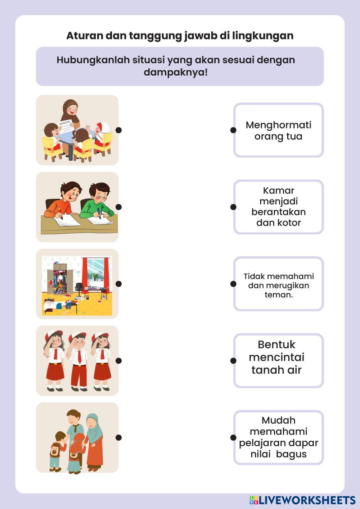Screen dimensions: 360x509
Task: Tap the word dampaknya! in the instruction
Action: (x=176, y=72)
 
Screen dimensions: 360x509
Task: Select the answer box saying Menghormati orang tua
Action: (x=278, y=130)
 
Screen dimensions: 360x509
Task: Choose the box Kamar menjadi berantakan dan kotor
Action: (x=278, y=207)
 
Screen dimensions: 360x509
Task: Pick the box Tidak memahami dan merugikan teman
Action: (x=278, y=284)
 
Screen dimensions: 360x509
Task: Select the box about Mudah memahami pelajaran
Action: (x=278, y=437)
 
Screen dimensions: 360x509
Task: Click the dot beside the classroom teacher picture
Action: (x=118, y=130)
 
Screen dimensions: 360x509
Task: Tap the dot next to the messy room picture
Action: (x=118, y=284)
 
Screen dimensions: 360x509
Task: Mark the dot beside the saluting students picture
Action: (x=118, y=361)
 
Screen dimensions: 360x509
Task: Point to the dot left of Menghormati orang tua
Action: (x=233, y=130)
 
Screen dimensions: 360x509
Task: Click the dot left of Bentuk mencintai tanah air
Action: (x=233, y=361)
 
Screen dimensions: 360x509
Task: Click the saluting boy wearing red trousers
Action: (x=78, y=360)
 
